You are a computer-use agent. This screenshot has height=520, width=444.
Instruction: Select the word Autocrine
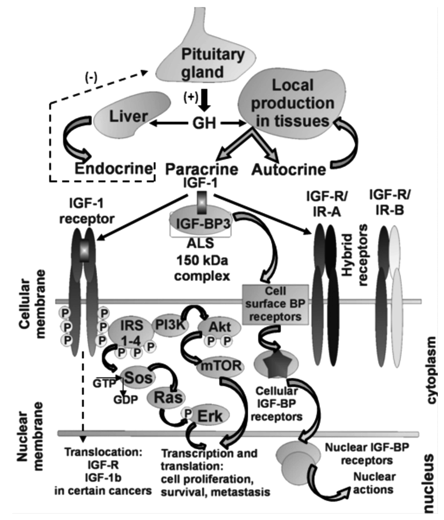[289, 170]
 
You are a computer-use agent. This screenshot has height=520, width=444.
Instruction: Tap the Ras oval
[166, 398]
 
